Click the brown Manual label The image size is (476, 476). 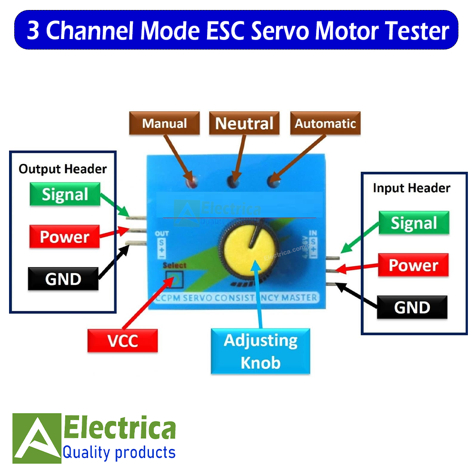click(165, 124)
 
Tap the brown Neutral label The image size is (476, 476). click(244, 124)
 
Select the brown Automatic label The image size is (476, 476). click(325, 124)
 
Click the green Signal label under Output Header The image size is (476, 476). click(65, 195)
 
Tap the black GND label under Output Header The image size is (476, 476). click(63, 279)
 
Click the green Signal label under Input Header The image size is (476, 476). click(414, 223)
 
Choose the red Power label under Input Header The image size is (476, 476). click(413, 265)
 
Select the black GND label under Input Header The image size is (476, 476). click(412, 307)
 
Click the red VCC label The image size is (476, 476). click(122, 341)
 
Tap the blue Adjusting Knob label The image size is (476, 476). click(260, 352)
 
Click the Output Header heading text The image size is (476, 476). click(63, 169)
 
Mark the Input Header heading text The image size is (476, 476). click(411, 188)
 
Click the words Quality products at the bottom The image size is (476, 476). click(119, 452)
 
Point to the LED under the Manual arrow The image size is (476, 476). click(192, 181)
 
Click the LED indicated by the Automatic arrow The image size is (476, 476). click(273, 181)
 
